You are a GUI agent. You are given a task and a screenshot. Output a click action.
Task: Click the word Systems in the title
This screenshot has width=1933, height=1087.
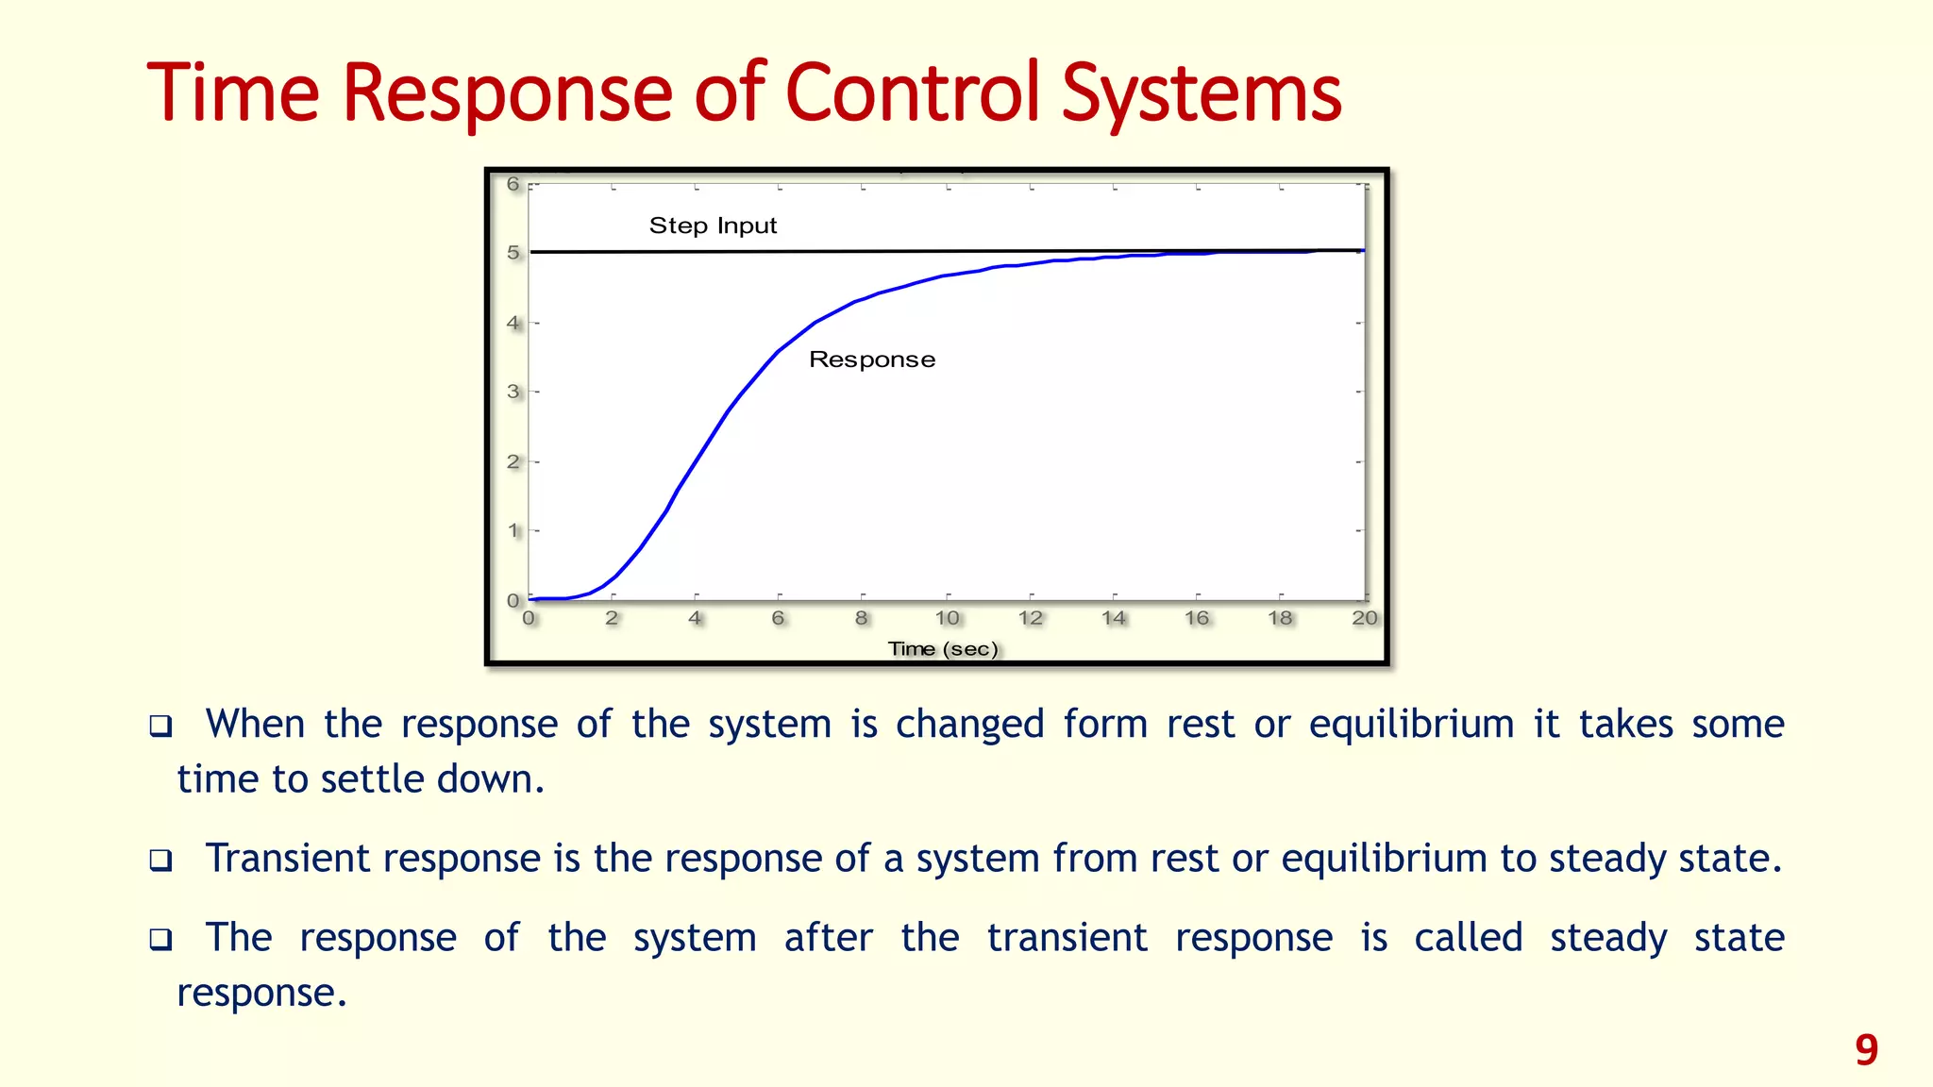coord(1201,92)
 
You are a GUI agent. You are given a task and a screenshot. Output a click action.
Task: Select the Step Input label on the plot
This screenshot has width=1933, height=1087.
coord(713,226)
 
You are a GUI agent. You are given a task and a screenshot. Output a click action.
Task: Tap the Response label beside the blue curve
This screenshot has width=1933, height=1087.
coord(872,360)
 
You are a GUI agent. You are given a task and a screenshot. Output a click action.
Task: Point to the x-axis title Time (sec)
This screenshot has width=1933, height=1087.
coord(942,649)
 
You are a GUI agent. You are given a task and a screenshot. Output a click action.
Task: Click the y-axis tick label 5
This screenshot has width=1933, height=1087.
coord(513,253)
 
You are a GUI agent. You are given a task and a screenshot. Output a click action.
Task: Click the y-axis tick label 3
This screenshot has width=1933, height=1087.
coord(513,392)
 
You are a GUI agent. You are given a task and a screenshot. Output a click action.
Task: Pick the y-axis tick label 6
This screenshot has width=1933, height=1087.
coord(513,184)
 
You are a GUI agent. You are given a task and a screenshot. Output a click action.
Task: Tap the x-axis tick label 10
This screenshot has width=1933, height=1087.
coord(947,618)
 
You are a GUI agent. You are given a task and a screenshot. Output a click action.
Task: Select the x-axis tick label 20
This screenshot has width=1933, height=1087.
coord(1364,618)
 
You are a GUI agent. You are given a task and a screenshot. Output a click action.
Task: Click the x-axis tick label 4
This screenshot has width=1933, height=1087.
coord(695,618)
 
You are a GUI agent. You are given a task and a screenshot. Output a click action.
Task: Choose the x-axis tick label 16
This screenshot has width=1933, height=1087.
coord(1196,618)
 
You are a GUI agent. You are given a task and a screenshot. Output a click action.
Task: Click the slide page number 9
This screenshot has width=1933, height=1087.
coord(1866,1049)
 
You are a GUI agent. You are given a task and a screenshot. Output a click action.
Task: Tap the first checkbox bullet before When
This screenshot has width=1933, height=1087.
coord(161,727)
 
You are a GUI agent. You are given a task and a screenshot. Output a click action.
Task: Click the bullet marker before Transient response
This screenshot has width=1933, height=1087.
coord(161,861)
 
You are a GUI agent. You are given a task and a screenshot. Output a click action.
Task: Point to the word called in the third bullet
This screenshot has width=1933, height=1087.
coord(1468,938)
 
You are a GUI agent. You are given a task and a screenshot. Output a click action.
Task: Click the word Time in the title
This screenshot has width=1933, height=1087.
coord(233,92)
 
